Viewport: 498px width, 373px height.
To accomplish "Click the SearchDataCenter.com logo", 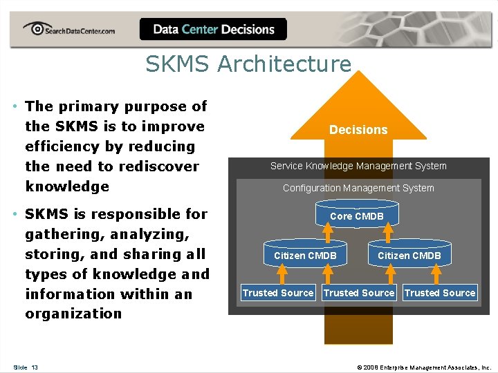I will pyautogui.click(x=68, y=30).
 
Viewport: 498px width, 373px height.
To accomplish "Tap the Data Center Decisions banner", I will pyautogui.click(x=213, y=30).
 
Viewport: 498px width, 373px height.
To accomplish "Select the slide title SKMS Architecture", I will pyautogui.click(x=248, y=64).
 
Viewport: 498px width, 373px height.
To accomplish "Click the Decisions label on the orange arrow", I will pyautogui.click(x=358, y=130).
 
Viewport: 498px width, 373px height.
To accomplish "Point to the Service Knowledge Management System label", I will pyautogui.click(x=358, y=166).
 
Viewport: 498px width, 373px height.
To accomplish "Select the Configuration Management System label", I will pyautogui.click(x=358, y=188).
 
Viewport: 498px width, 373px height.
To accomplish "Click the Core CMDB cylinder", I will pyautogui.click(x=357, y=216).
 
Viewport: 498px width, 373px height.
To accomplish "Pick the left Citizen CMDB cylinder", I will pyautogui.click(x=305, y=256).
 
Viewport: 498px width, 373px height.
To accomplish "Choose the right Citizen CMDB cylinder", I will pyautogui.click(x=409, y=256).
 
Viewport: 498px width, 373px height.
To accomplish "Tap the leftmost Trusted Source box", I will pyautogui.click(x=278, y=293).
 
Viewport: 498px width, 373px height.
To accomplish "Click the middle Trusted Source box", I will pyautogui.click(x=359, y=293).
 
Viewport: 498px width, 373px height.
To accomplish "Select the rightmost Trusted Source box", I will pyautogui.click(x=440, y=293).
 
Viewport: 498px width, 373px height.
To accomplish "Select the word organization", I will pyautogui.click(x=73, y=314).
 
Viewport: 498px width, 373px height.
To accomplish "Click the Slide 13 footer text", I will pyautogui.click(x=26, y=367).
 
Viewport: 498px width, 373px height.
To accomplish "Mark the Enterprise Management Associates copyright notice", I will pyautogui.click(x=423, y=367).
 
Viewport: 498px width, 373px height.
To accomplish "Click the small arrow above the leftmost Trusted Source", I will pyautogui.click(x=282, y=275).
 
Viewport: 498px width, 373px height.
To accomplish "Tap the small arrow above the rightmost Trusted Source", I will pyautogui.click(x=436, y=275).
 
